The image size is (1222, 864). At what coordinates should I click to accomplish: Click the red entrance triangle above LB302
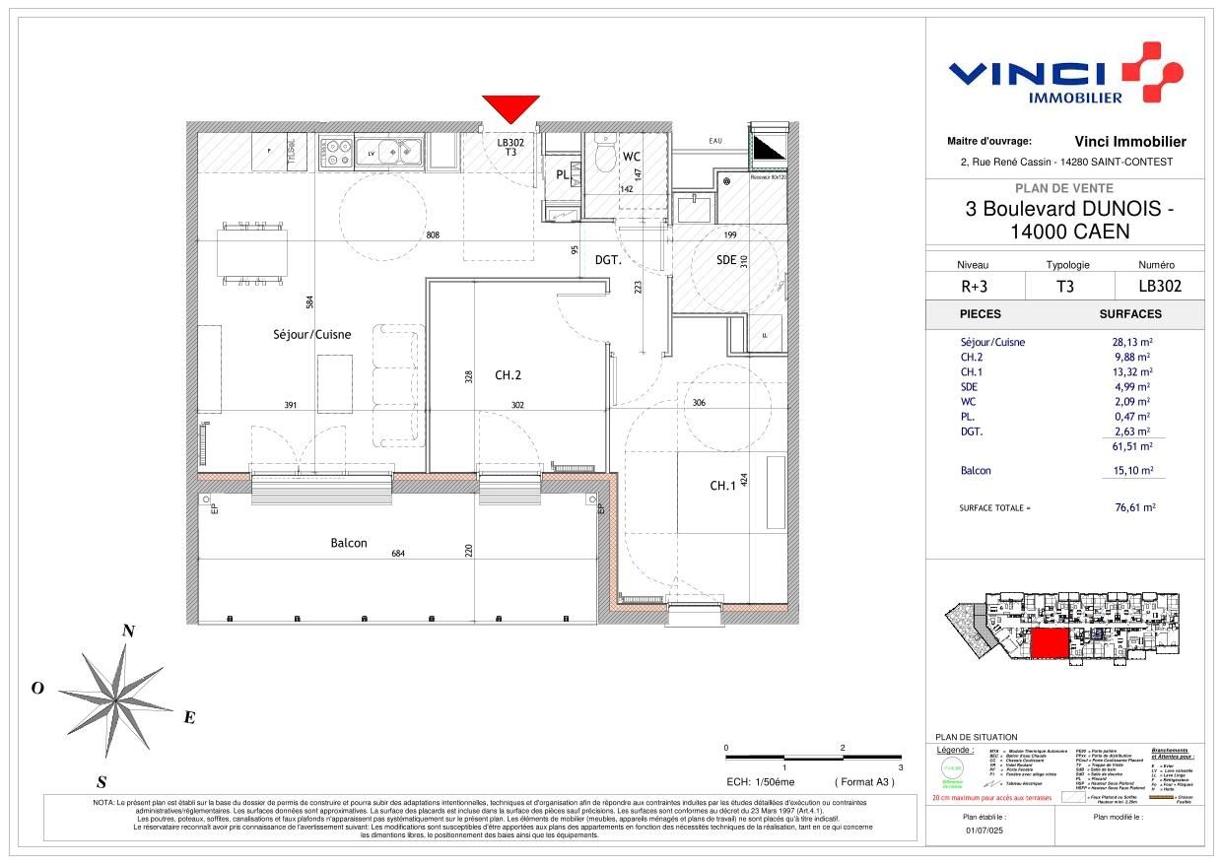coord(510,107)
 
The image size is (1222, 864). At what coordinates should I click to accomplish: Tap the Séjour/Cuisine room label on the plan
coord(311,335)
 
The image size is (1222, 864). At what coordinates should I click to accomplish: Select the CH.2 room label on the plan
coord(509,374)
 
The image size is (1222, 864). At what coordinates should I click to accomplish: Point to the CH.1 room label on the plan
coord(722,486)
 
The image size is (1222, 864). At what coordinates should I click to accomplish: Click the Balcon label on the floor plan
coord(349,543)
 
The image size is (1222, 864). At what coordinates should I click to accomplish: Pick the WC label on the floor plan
coord(633,158)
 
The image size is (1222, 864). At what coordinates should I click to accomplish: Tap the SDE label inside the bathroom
coord(727,259)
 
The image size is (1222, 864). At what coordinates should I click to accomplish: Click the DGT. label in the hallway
coord(608,260)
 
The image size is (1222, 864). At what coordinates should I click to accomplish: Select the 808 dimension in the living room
coord(432,235)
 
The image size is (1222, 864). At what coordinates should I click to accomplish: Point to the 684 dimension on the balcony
coord(398,554)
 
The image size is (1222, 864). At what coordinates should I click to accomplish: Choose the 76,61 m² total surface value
coord(1135,508)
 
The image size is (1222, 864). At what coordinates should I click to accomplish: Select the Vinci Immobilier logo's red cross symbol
coord(1147,71)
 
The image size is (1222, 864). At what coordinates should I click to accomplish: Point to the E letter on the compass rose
coord(189,717)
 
